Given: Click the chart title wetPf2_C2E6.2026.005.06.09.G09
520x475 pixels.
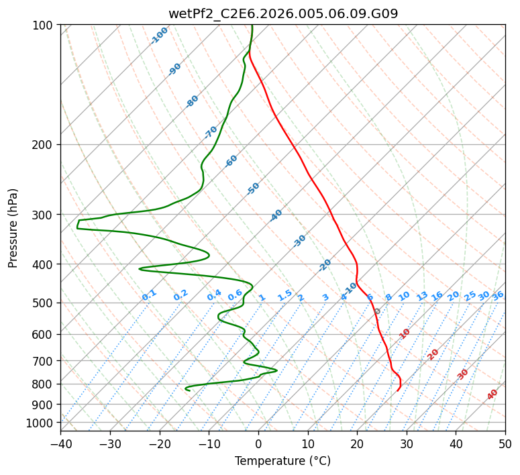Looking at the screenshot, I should pos(282,13).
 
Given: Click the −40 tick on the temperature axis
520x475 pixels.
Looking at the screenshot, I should pos(60,444).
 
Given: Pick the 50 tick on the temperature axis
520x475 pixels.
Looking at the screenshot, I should pos(505,444).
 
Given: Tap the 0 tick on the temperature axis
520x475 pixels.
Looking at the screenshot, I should pos(258,444).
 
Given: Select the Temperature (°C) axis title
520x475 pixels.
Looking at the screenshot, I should pos(282,461).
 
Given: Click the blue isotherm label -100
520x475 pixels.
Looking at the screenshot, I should pos(159,36).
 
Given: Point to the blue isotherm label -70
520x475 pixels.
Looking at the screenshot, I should pos(211,131).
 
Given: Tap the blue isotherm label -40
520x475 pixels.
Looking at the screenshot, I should pos(276,215).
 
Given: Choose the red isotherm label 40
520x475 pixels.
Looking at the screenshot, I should pos(492,394).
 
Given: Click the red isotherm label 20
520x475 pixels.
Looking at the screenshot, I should pos(433,354).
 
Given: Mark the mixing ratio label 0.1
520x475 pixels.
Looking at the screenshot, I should pos(149,295).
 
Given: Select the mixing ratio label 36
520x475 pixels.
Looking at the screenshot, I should pos(498,295).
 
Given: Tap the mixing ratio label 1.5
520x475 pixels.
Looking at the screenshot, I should pos(284,295).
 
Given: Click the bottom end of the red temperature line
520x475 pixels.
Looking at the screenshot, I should pos(397,390).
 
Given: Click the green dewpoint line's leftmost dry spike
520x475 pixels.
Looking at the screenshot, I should pos(77,224).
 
